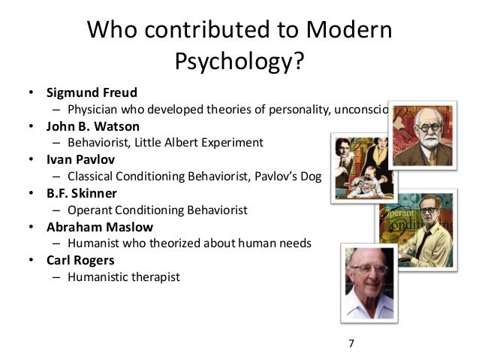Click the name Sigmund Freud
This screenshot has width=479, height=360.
click(92, 94)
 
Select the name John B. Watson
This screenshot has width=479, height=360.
click(93, 126)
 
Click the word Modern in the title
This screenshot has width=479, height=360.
click(348, 31)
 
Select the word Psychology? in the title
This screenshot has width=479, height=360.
click(239, 63)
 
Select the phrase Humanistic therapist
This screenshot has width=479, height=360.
click(124, 277)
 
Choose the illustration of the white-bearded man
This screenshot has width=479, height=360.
click(423, 136)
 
